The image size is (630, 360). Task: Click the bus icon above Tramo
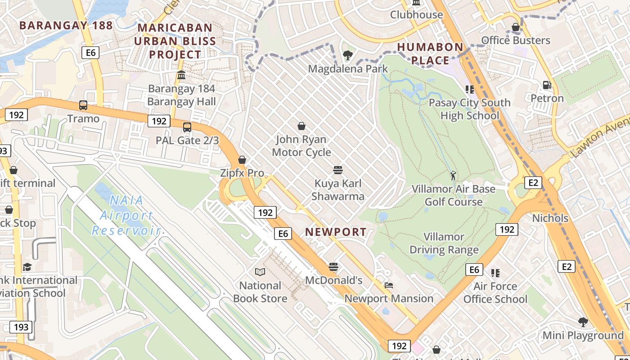[x=83, y=105]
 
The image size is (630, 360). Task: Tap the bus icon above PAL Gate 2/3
[x=187, y=127]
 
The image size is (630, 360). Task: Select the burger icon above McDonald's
[x=333, y=267]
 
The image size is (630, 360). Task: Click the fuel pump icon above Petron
[x=547, y=85]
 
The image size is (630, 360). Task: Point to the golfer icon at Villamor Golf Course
[x=453, y=175]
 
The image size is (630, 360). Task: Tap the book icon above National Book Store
[x=260, y=272]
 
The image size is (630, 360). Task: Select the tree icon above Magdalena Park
[x=347, y=55]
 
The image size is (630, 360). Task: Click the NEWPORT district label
[x=336, y=232]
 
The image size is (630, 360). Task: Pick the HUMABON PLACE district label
[x=430, y=54]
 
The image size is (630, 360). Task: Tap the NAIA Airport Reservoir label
[x=126, y=215]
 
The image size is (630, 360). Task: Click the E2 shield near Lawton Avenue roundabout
[x=533, y=182]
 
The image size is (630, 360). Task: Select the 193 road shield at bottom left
[x=21, y=327]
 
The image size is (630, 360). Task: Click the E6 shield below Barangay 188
[x=90, y=53]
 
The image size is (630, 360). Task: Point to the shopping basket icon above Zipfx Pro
[x=242, y=160]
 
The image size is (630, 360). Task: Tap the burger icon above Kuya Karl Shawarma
[x=338, y=170]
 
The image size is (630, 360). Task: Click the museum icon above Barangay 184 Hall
[x=181, y=75]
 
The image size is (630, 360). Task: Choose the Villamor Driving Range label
[x=444, y=243]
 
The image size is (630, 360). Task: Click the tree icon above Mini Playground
[x=583, y=322]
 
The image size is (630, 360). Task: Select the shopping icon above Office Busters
[x=516, y=27]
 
